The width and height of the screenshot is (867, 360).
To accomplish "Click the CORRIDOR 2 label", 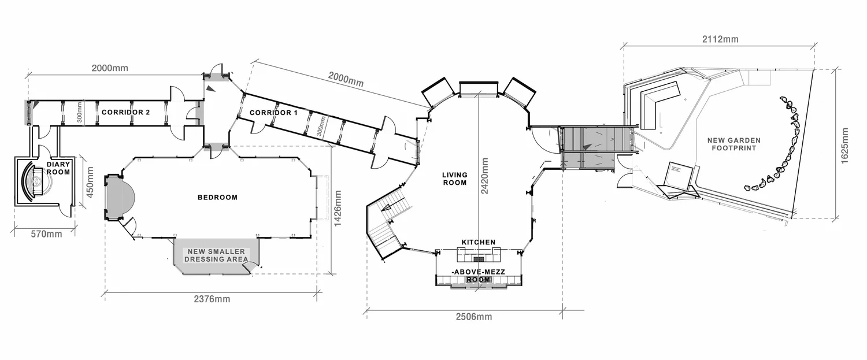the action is (x=125, y=112).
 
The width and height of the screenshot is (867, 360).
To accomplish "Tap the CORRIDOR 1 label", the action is (x=273, y=113).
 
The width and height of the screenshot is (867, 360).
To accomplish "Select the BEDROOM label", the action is (x=217, y=198).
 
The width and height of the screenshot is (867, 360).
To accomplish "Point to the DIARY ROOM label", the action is (x=58, y=168).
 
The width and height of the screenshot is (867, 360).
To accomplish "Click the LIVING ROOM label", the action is (x=455, y=179).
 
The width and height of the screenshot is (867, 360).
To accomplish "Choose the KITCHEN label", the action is (x=479, y=242).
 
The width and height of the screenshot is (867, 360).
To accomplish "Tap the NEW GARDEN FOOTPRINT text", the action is (x=734, y=144).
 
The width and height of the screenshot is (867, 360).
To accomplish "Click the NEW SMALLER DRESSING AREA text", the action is (x=216, y=255).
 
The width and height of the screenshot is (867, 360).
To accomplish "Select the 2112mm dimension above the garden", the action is (x=720, y=39).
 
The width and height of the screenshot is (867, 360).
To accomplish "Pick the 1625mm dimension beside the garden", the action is (x=844, y=146).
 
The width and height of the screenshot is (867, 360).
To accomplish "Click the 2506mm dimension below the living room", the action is (x=474, y=317).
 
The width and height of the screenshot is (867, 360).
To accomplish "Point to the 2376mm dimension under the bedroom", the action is (x=212, y=299).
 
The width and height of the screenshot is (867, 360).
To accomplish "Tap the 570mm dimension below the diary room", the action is (x=46, y=234).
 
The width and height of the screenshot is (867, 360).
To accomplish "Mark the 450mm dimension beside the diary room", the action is (x=90, y=182).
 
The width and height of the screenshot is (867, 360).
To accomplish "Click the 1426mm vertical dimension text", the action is (x=338, y=208).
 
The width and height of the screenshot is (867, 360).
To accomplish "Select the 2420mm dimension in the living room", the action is (x=484, y=176).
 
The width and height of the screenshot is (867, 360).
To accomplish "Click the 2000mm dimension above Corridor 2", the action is (x=110, y=68).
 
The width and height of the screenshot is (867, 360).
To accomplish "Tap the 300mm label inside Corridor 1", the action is (x=321, y=126).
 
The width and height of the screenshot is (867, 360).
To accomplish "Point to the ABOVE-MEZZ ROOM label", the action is (x=479, y=276).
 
